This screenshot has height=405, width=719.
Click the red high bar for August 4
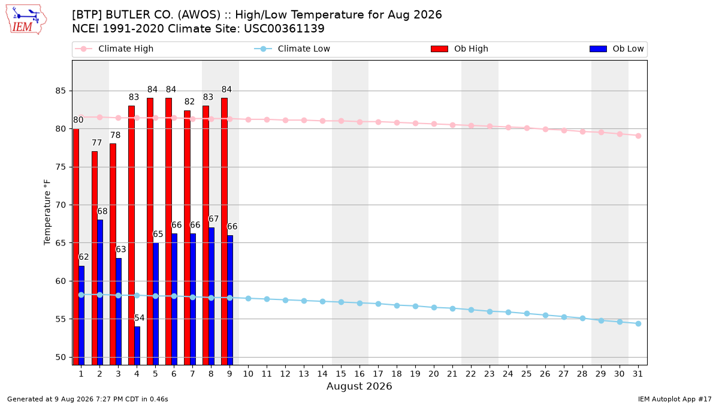(x=131, y=235)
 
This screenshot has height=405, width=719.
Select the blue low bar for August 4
(x=137, y=346)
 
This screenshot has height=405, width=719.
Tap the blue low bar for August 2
(x=100, y=293)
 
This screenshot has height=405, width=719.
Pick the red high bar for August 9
(x=224, y=232)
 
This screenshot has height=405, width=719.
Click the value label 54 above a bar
(x=139, y=318)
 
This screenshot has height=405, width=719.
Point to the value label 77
(x=96, y=143)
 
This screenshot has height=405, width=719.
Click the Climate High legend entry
(x=114, y=49)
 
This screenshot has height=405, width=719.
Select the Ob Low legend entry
(x=617, y=49)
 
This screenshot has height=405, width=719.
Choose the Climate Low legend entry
(x=292, y=49)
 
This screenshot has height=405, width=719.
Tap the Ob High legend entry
(x=460, y=49)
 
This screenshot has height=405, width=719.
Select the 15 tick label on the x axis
(x=341, y=374)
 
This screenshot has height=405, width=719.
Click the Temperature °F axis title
(x=47, y=212)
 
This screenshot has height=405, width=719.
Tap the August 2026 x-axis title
(x=359, y=386)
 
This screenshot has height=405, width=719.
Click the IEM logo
(x=26, y=20)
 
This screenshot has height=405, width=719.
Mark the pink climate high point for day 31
(x=638, y=136)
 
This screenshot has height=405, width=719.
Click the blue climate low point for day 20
(x=434, y=308)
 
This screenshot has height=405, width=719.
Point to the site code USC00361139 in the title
(x=284, y=29)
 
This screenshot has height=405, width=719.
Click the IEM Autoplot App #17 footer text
(x=675, y=399)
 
